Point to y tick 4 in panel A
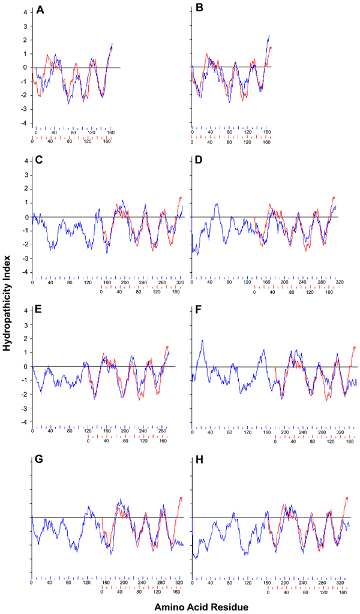[26, 11]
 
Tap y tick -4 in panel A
[24, 123]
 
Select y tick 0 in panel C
[26, 217]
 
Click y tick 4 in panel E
[26, 311]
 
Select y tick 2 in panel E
[26, 339]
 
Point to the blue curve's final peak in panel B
[269, 35]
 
